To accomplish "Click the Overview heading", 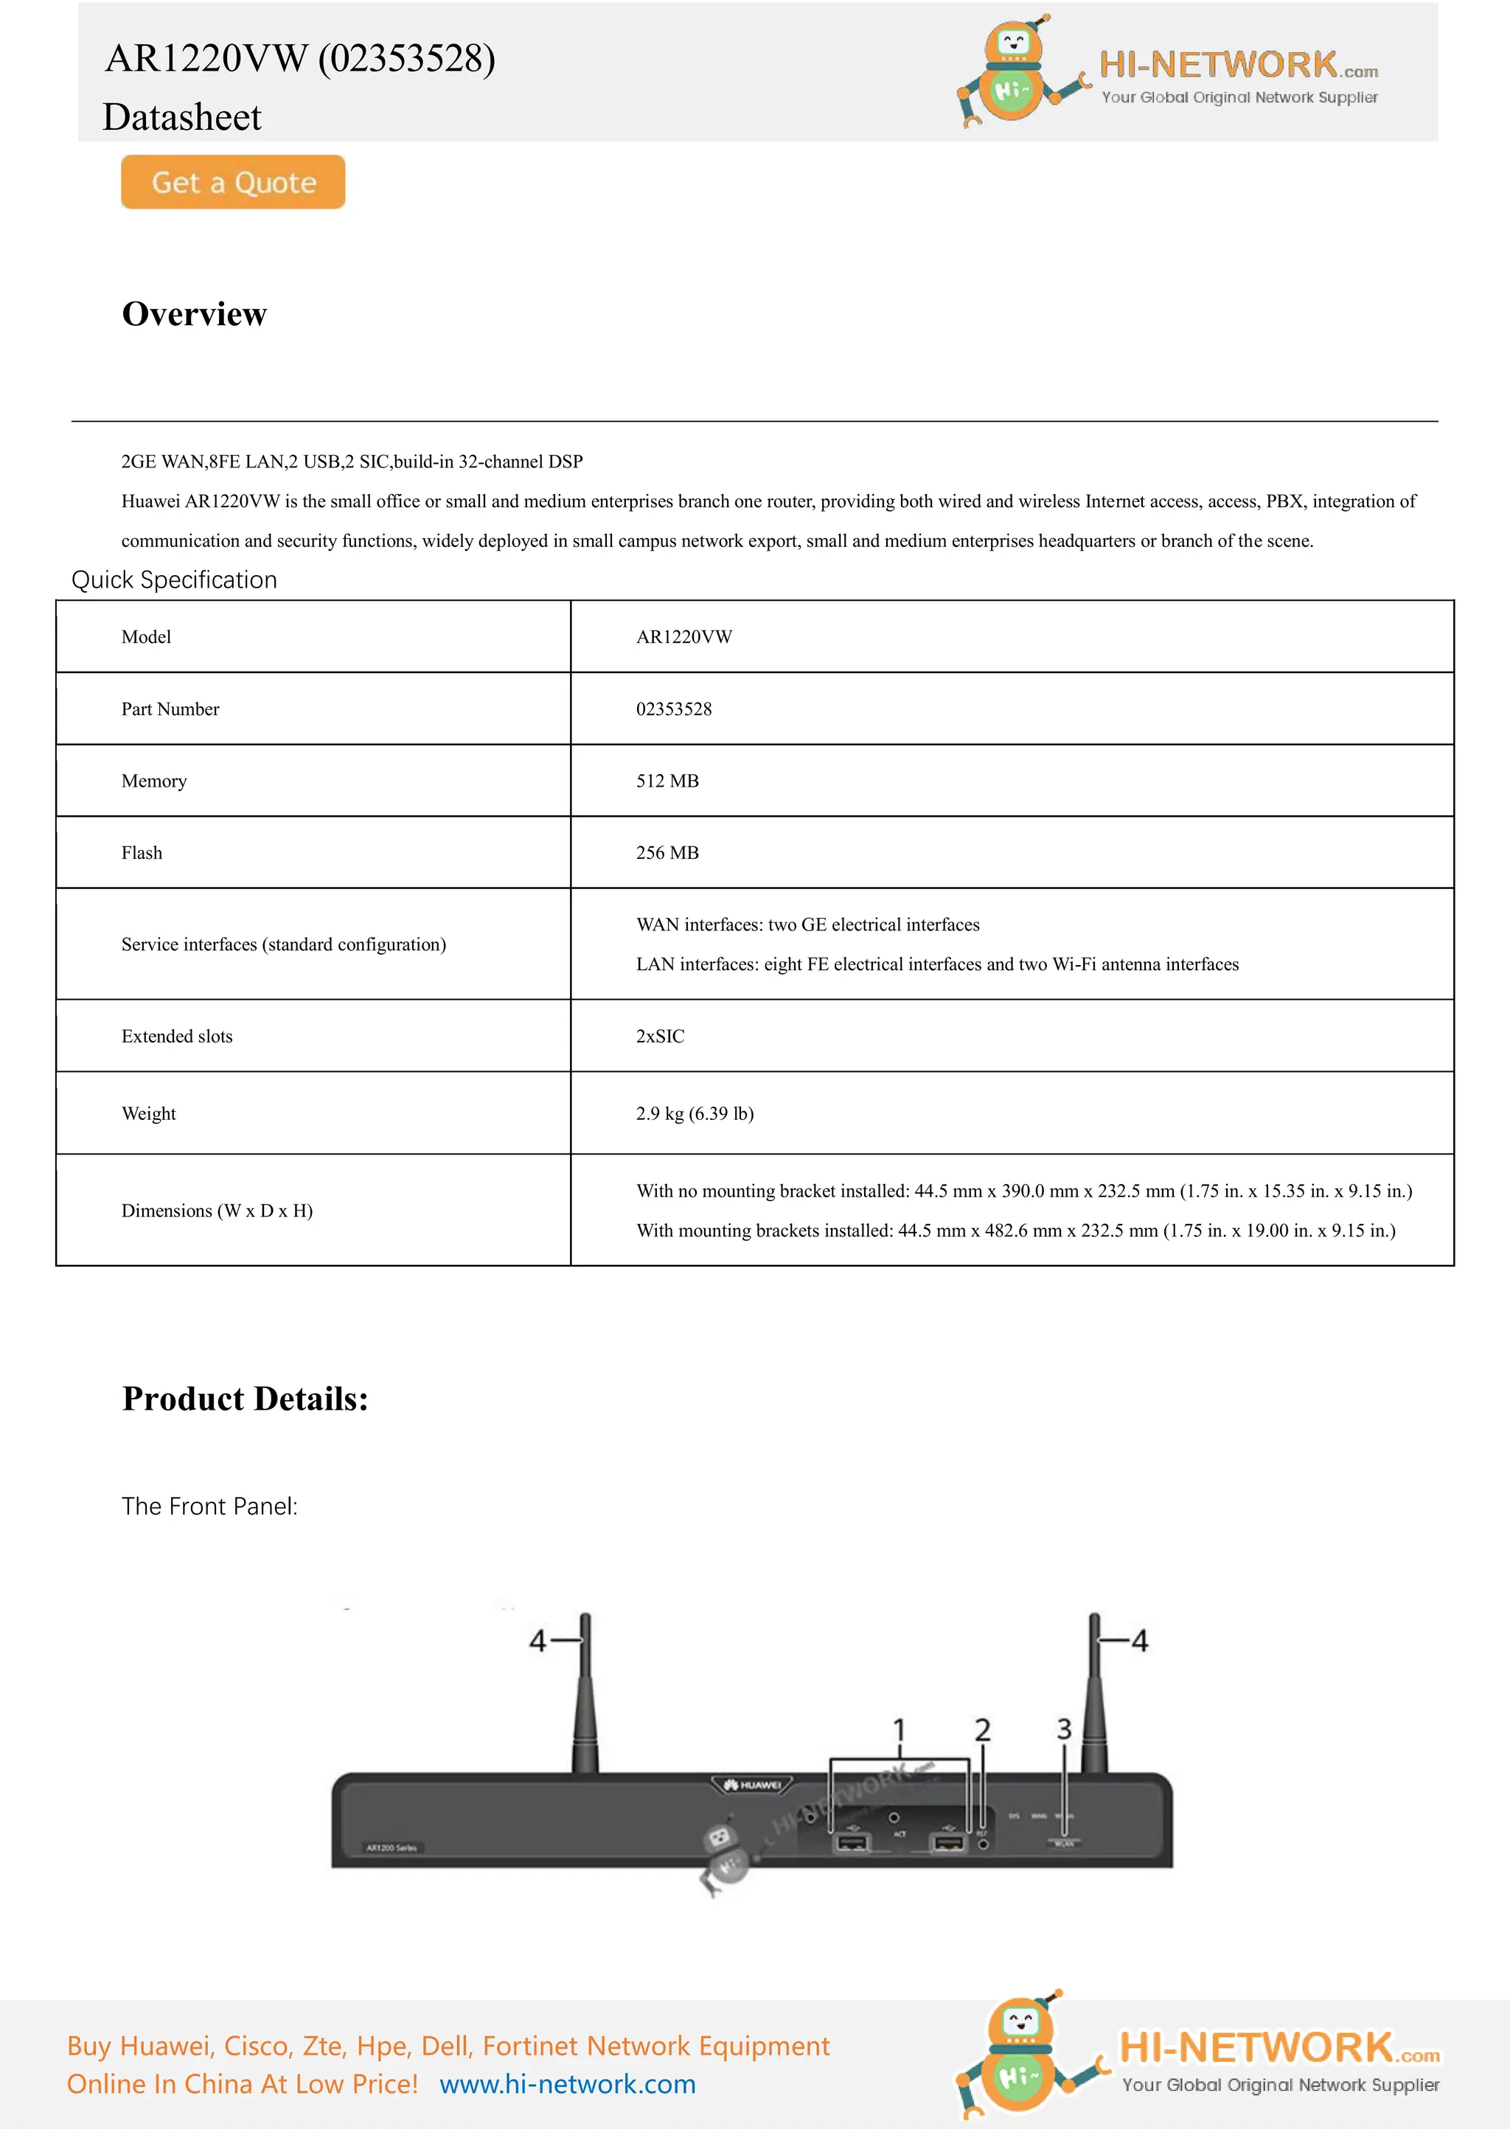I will (x=195, y=314).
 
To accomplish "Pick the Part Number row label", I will (x=170, y=709).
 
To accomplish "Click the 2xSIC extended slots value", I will (x=659, y=1036).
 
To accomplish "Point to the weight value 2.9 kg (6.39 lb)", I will (x=695, y=1113).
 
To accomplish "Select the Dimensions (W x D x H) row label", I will (x=217, y=1211).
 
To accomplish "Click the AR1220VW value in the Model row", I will (x=683, y=637).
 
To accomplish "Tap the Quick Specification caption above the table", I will (x=175, y=580).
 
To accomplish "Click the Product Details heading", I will (x=246, y=1399).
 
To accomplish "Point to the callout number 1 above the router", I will (x=898, y=1730).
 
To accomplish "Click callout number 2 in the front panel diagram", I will (x=982, y=1730).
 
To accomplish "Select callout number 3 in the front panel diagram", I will (x=1064, y=1730).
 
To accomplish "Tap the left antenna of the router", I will (x=585, y=1702).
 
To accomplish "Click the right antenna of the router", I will (x=1096, y=1702).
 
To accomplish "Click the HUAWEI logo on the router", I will (x=753, y=1784).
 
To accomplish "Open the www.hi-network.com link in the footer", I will (x=567, y=2084).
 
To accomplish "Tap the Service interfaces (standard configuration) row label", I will (x=284, y=945).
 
